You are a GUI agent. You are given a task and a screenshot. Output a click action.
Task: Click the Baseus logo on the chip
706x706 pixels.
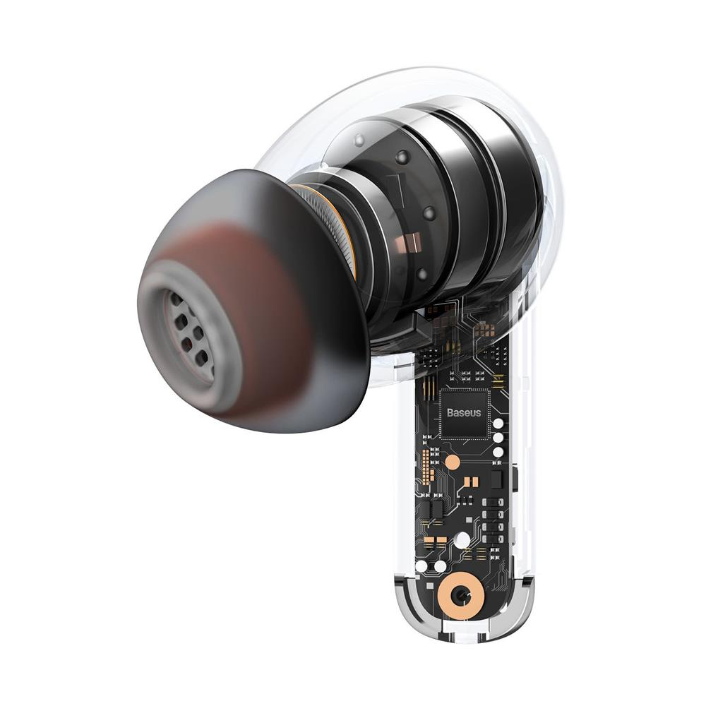[463, 412]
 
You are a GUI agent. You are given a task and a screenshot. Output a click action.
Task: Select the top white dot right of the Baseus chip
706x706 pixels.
[498, 424]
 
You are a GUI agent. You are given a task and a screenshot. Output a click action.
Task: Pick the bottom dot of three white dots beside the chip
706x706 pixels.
[498, 452]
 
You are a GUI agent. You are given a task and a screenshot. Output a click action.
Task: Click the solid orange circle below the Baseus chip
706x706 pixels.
[453, 462]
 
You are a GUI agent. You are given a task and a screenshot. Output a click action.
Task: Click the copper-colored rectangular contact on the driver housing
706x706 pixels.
[409, 242]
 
